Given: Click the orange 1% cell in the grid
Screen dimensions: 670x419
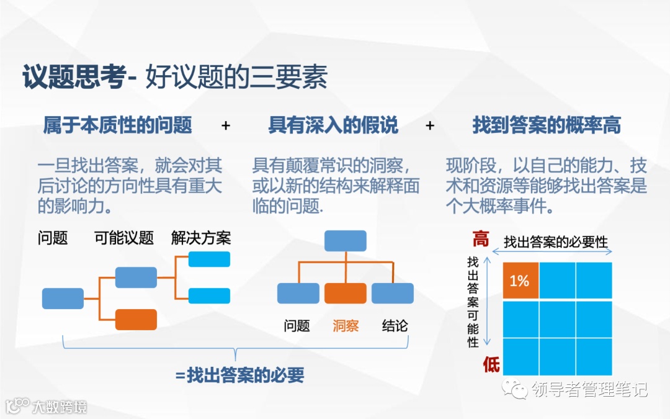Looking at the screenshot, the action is [x=520, y=281].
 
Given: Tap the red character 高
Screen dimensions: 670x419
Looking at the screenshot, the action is [x=481, y=239].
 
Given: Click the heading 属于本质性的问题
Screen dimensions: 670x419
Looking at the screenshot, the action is [x=117, y=125].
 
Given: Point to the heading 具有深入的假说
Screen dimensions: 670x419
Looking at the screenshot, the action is [x=333, y=125].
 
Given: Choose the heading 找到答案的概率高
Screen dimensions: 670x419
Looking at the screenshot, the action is [x=547, y=125].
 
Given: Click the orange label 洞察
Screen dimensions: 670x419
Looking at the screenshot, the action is [x=346, y=325].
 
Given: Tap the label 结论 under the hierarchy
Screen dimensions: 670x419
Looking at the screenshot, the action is [x=395, y=325].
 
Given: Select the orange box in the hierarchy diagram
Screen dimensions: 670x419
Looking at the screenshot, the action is [x=346, y=293].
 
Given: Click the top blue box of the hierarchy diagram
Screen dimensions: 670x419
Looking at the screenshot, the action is [x=346, y=240].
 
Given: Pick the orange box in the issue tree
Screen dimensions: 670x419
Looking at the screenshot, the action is [x=136, y=319].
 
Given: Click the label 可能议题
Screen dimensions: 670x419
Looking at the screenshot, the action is [x=124, y=238].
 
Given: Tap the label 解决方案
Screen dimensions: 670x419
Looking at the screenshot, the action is [x=201, y=238].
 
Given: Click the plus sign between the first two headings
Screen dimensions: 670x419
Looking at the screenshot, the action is [x=226, y=125].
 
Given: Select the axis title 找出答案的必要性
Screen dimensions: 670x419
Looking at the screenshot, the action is [x=555, y=242].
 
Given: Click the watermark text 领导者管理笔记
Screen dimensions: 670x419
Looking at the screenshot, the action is [x=589, y=389].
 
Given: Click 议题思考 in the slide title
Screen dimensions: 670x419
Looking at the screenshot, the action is [x=73, y=79].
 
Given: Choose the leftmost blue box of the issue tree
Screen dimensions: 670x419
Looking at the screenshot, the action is [x=63, y=299].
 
